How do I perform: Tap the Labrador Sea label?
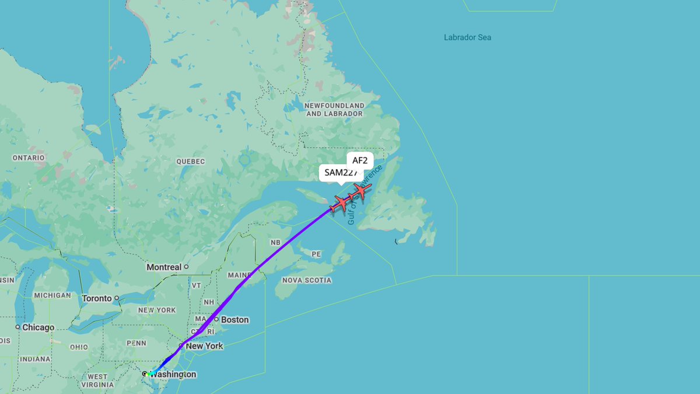467,37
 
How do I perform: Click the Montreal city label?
164,267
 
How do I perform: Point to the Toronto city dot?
117,298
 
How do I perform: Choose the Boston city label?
235,320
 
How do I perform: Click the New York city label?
204,346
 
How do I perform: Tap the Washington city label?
174,374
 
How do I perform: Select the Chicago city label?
38,327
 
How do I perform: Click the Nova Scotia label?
306,280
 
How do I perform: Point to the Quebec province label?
191,161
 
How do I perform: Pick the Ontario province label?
29,158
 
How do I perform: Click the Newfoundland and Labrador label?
335,110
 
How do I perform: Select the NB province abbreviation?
275,242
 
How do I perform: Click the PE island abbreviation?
317,254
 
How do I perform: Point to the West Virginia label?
97,381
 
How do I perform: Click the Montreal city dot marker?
186,267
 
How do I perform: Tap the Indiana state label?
34,359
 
